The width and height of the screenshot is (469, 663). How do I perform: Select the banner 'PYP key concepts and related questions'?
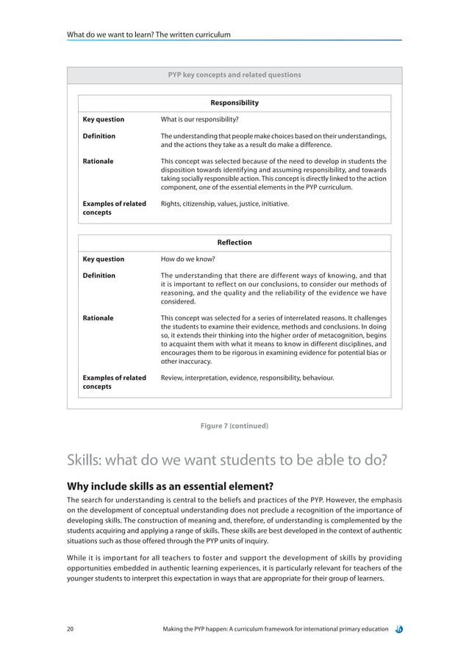[234, 75]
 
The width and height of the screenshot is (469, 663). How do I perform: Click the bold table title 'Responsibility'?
[234, 103]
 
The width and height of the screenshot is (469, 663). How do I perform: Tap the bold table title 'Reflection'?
[234, 243]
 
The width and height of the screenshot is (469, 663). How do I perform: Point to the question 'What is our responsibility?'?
[199, 119]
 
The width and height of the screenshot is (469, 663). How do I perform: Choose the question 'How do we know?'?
[187, 259]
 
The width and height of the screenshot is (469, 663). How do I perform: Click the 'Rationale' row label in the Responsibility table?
[98, 161]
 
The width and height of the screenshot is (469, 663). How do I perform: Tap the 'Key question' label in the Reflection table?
[103, 259]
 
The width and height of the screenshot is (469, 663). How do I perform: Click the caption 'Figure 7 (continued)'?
[234, 426]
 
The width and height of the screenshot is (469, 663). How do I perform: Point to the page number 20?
[70, 628]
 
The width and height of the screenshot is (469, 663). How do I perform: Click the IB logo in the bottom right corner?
[397, 628]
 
